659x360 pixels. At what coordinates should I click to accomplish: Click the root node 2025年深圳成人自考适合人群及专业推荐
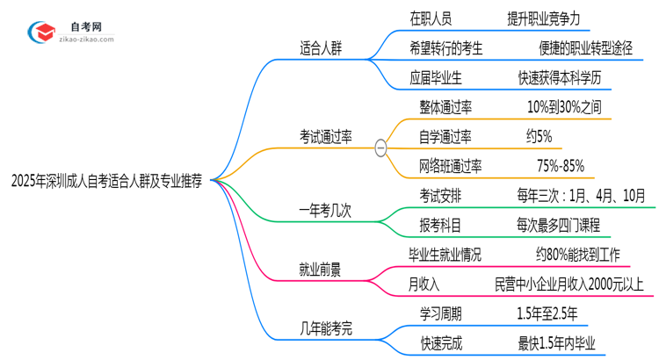point(106,180)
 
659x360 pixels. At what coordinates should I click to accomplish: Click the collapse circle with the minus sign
point(380,148)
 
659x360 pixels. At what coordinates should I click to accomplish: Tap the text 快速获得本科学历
point(560,77)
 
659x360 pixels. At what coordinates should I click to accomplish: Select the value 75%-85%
point(560,166)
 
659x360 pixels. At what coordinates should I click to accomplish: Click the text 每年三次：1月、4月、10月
point(582,195)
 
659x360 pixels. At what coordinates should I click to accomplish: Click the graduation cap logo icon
point(40,33)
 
